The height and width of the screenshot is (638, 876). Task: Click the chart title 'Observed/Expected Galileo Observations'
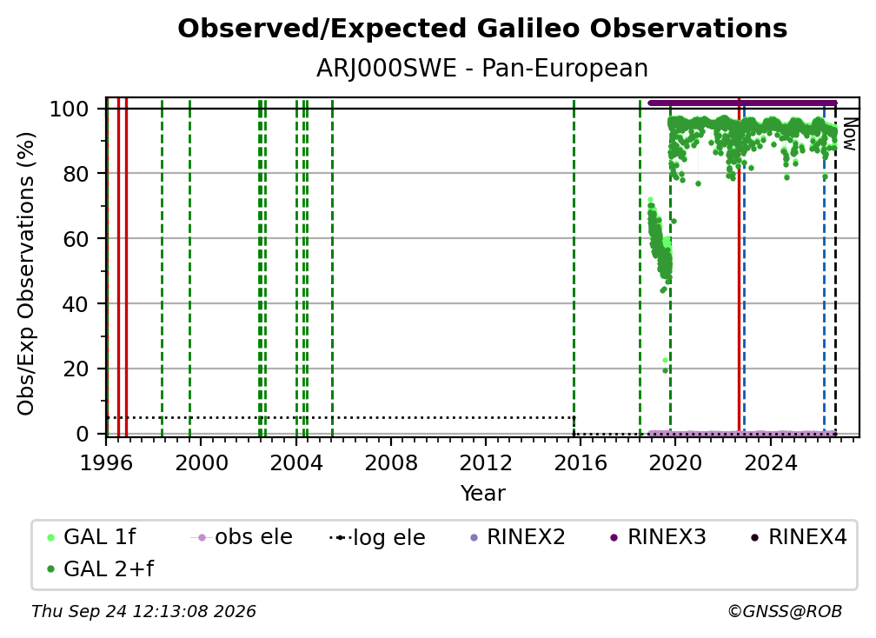coord(482,29)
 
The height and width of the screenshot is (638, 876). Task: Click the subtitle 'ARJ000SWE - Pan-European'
coord(482,69)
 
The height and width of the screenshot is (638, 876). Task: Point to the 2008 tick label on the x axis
coord(390,463)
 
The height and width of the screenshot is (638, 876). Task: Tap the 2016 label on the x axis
coord(581,463)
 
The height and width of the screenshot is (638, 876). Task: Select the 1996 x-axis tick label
coord(106,463)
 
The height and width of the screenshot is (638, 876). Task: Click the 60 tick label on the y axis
coord(76,239)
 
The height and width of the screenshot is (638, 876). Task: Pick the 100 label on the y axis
coord(70,109)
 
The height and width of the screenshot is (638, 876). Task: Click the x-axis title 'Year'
coord(482,494)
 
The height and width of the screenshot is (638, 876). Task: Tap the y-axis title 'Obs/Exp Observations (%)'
coord(26,274)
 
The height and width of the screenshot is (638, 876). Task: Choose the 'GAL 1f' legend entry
coord(92,537)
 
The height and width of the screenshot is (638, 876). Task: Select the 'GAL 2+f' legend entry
coord(101,568)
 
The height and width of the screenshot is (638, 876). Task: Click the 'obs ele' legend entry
coord(242,537)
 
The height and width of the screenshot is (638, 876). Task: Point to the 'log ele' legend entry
coord(377,537)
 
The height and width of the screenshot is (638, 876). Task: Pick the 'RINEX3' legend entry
coord(658,537)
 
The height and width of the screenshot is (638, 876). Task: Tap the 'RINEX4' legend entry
coord(800,537)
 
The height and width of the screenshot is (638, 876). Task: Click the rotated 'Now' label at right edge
coord(849,134)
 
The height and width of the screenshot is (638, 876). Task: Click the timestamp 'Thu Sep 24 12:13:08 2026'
coord(143,611)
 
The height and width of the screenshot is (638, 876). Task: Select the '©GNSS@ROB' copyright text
coord(785,611)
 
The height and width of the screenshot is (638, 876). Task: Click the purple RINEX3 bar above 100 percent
coord(742,103)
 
